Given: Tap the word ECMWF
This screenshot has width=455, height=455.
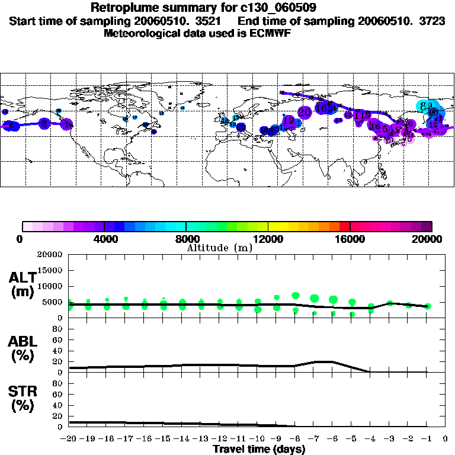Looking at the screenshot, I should (272, 33).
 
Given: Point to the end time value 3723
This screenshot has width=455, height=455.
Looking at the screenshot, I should (415, 21).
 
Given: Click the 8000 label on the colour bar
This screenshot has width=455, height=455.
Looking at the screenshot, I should (185, 239).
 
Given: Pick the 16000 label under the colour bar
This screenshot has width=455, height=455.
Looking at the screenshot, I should (350, 239).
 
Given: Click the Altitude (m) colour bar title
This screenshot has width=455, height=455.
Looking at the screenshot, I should (219, 248).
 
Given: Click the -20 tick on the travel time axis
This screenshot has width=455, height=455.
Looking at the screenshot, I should (69, 439).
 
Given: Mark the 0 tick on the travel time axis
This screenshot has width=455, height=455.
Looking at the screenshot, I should (446, 439).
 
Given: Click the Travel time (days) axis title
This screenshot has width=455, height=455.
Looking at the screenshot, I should (259, 449).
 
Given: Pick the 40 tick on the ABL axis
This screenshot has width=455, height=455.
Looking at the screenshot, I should (58, 351).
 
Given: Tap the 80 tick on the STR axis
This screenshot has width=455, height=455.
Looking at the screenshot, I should (58, 383).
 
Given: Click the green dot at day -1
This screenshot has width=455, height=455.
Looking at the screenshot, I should (428, 306).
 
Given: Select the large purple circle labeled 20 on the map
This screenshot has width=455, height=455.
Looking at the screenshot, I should (305, 112).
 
